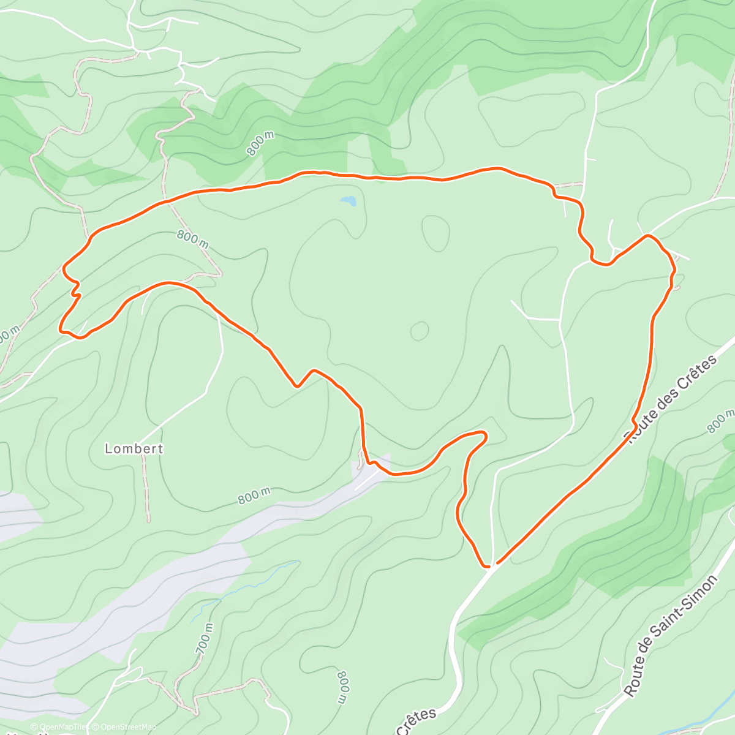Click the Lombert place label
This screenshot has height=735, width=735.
point(134,448)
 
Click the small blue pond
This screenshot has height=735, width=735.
point(349,201)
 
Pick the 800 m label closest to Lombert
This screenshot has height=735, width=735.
point(254,496)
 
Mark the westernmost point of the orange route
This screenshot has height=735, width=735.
point(60,329)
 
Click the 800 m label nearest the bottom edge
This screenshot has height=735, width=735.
point(344,687)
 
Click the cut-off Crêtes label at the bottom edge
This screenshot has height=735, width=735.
point(417,721)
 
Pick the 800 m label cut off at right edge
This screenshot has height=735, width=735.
point(721,421)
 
